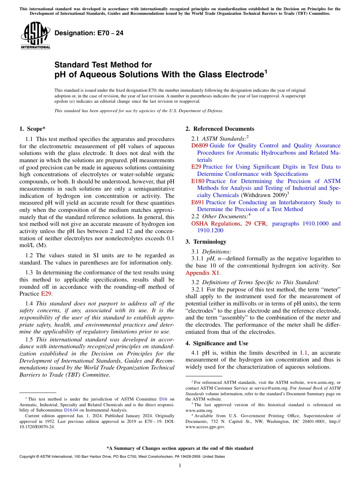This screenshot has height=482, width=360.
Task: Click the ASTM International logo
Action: [x=35, y=36]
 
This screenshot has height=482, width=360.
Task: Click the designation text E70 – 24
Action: [x=89, y=33]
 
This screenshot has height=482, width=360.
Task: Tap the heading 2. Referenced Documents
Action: [x=220, y=129]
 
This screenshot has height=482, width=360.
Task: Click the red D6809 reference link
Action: [x=200, y=146]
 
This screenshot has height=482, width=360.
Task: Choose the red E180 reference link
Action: [x=198, y=181]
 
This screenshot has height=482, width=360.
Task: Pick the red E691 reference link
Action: [x=198, y=202]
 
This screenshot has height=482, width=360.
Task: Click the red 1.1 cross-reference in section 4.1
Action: [x=304, y=353]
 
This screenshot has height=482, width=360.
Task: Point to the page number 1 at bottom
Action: [x=180, y=466]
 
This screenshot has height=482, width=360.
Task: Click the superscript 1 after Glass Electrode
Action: [x=266, y=72]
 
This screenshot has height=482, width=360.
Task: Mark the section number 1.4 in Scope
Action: [x=29, y=304]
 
